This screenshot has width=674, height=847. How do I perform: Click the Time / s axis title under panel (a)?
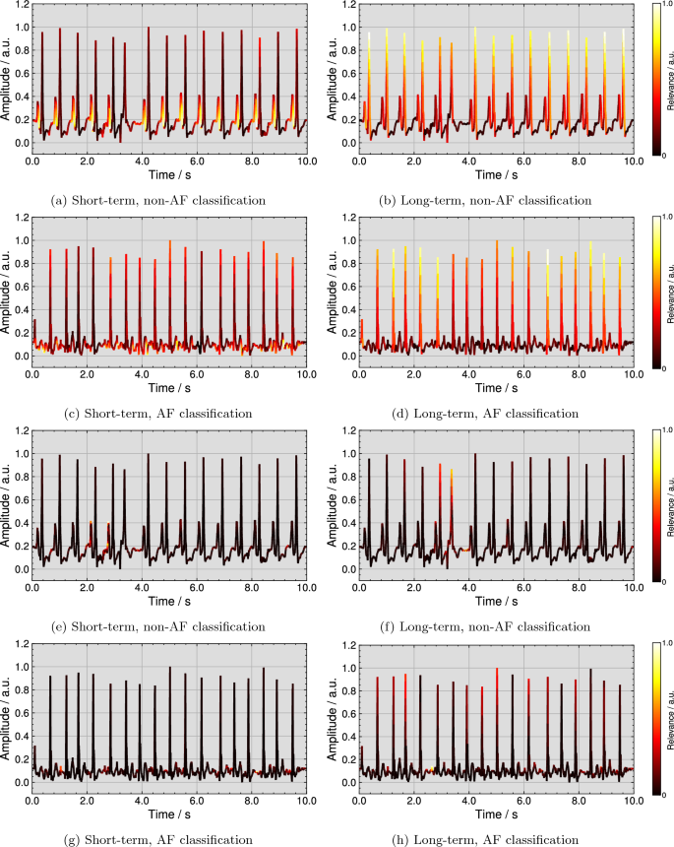[170, 173]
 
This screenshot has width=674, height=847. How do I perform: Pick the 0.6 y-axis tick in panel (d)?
[348, 298]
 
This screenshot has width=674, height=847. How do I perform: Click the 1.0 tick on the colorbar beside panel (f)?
[666, 429]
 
